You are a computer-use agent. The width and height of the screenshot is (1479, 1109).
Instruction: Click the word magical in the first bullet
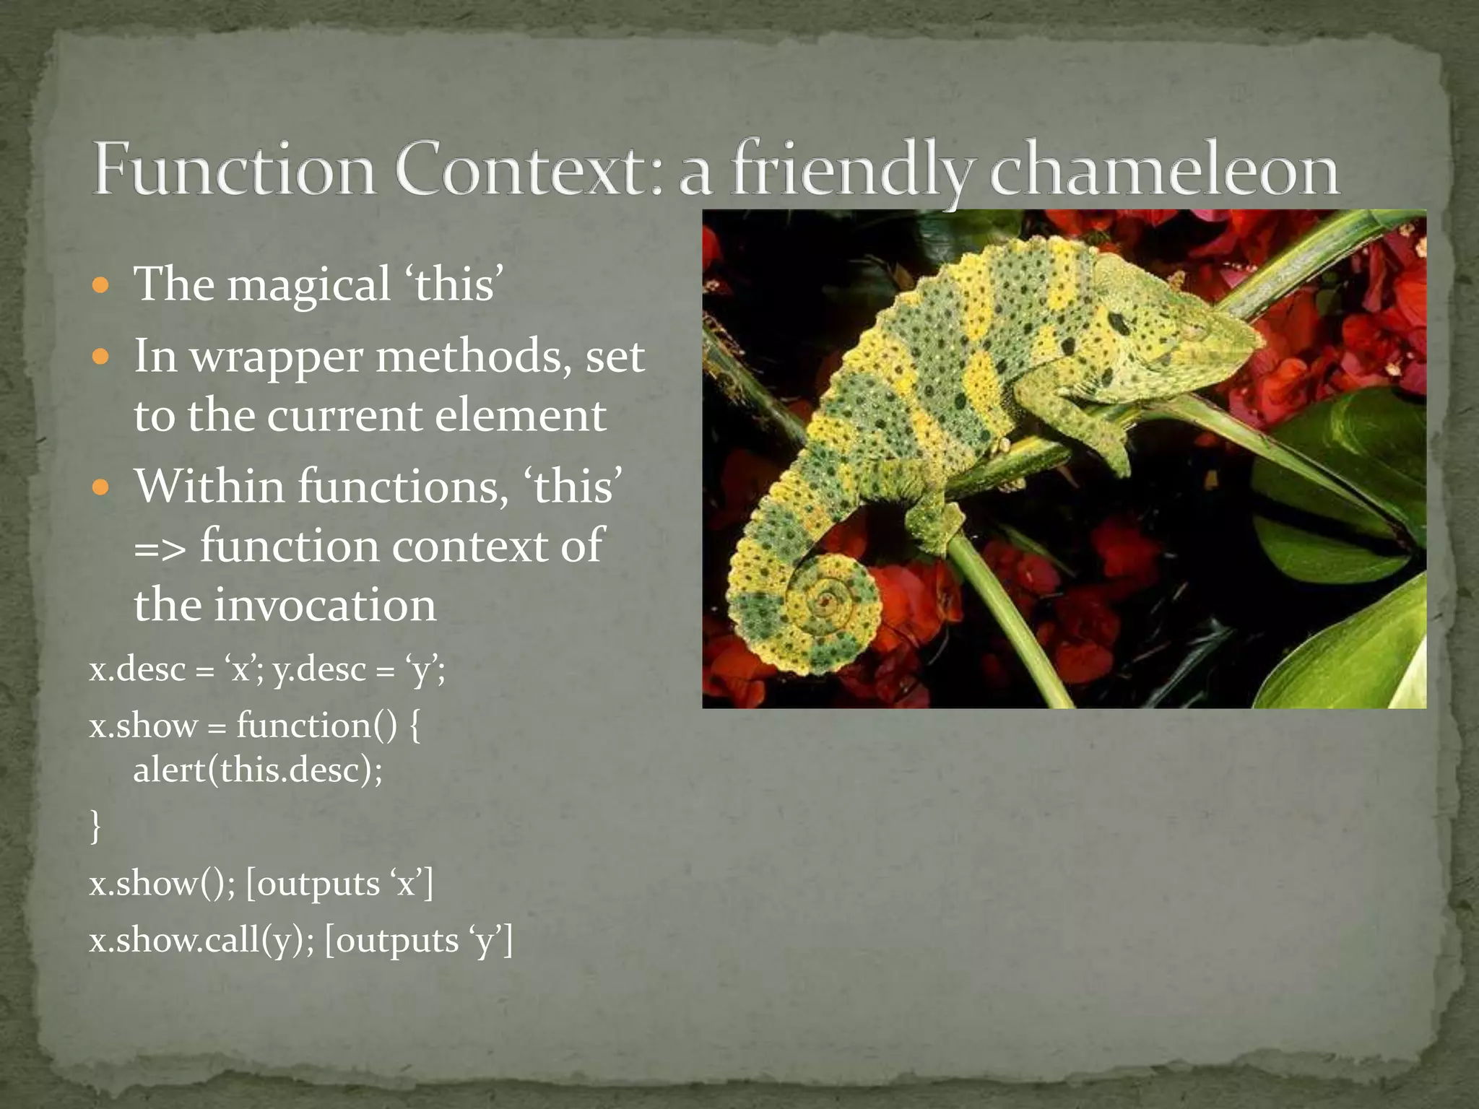(x=308, y=284)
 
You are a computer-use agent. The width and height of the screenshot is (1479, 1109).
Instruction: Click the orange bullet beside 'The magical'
(x=101, y=284)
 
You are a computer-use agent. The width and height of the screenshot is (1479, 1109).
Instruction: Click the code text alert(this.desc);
(x=258, y=770)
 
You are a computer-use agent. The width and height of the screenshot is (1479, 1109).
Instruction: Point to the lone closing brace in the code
(x=95, y=826)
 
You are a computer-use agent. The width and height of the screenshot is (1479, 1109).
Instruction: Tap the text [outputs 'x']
(x=339, y=883)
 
